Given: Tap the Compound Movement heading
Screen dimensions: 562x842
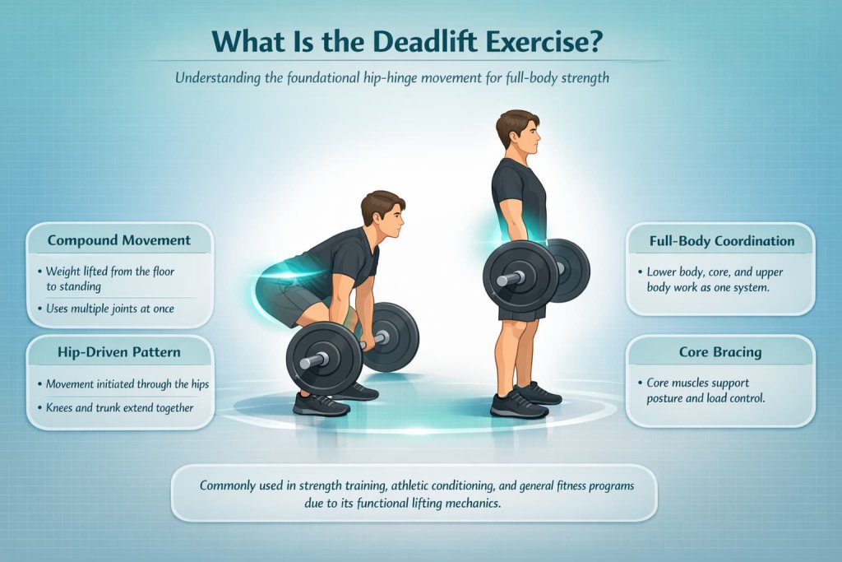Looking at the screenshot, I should [119, 241].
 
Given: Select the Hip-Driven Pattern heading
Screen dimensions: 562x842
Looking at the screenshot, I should [119, 352].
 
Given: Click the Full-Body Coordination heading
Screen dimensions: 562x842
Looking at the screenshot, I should [720, 241].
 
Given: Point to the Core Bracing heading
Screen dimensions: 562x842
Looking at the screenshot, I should [720, 352].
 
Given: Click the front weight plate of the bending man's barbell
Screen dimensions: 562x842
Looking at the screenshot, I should [324, 359].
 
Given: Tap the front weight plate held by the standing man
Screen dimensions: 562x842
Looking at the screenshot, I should [520, 276].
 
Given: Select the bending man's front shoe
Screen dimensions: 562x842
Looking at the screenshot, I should [320, 404].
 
